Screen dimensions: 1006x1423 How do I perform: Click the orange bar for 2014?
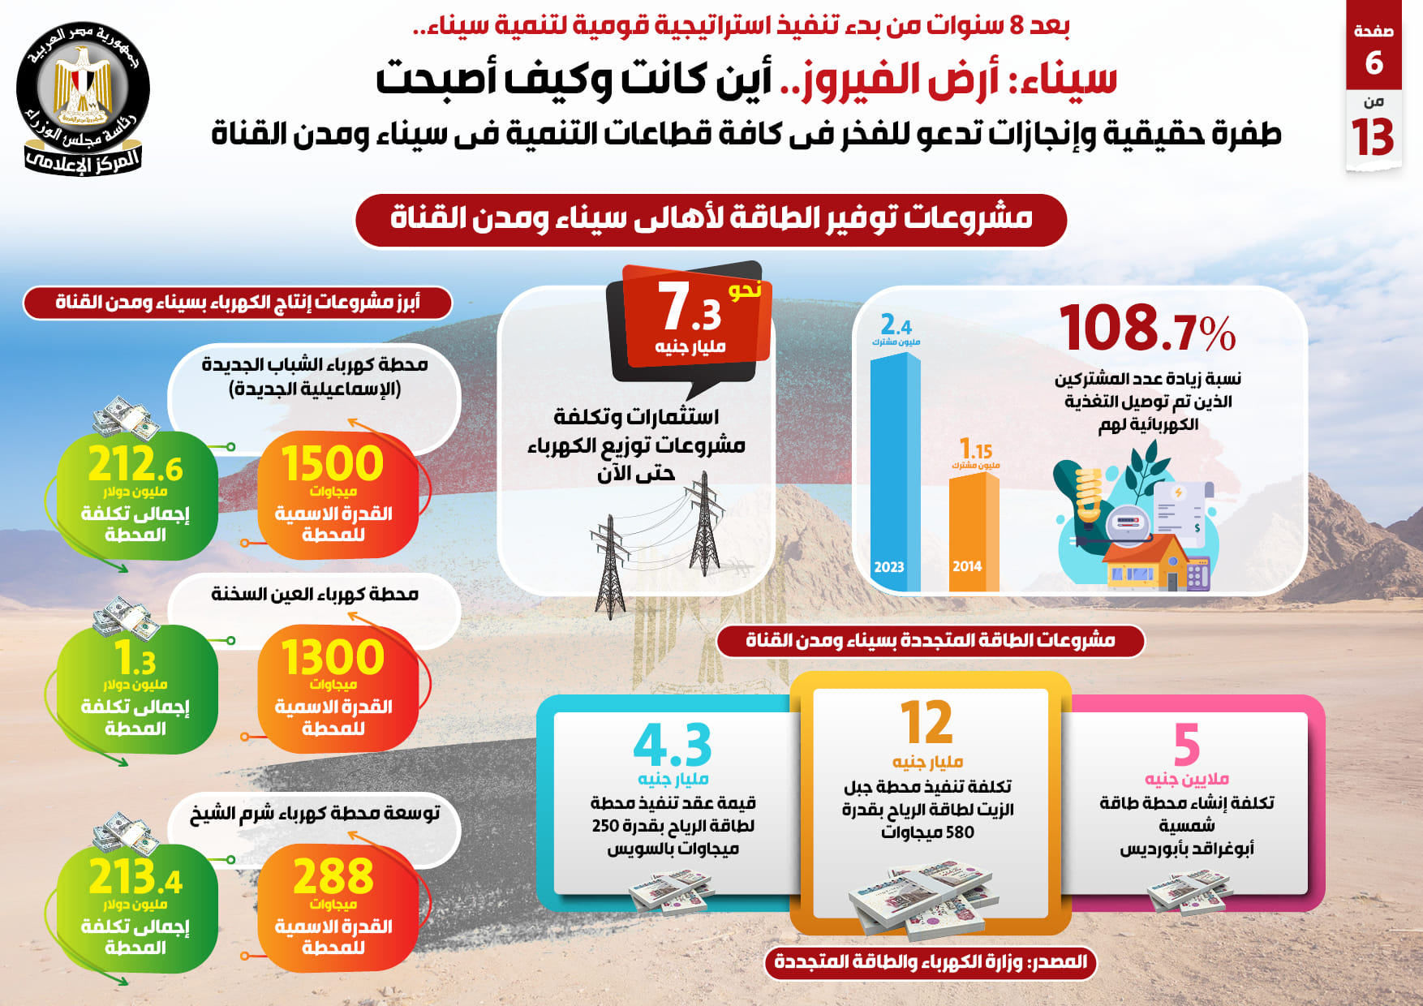[x=972, y=531]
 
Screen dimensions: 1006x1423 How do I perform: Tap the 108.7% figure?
[x=1147, y=329]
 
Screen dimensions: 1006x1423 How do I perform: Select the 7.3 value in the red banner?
[x=690, y=308]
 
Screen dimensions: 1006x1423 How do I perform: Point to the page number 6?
[x=1374, y=62]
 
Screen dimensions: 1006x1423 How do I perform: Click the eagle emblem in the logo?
[x=82, y=81]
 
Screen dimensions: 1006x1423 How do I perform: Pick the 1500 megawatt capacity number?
[x=333, y=464]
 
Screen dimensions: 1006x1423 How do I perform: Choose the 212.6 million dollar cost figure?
[x=135, y=465]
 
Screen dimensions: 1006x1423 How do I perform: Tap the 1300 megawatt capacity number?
[x=333, y=658]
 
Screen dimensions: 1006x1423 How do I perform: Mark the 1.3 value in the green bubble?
[x=135, y=659]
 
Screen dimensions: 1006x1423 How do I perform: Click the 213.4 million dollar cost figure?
[x=135, y=878]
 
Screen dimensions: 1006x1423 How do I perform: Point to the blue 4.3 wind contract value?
[x=673, y=745]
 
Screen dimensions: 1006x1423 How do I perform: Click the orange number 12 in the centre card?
[x=926, y=723]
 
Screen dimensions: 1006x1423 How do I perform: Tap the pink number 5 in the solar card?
[x=1186, y=745]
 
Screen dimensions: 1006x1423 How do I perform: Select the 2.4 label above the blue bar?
[x=896, y=326]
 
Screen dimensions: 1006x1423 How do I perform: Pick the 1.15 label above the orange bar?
[x=976, y=449]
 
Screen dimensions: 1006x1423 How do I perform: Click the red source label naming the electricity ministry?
[x=930, y=962]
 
